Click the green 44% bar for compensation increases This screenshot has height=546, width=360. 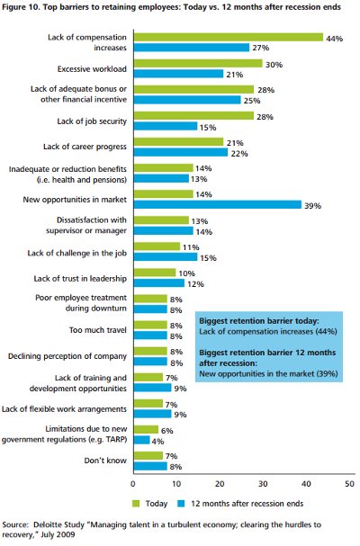(229, 37)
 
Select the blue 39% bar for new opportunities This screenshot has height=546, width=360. (218, 205)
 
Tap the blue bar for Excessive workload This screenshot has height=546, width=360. (179, 74)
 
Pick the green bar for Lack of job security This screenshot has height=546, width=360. (193, 116)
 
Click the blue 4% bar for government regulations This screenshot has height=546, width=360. (142, 440)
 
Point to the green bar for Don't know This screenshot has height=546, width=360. (148, 455)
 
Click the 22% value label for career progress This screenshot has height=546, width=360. (239, 154)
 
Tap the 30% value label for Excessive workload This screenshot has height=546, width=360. (274, 65)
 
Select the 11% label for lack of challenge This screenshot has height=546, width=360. (191, 247)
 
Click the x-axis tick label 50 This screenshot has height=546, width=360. (349, 484)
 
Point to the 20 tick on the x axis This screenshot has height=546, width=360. (220, 484)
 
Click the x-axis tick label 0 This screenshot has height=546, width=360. (133, 484)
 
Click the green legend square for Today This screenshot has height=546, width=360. (136, 504)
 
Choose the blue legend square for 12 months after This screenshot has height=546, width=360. (181, 504)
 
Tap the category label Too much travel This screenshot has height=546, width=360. (98, 330)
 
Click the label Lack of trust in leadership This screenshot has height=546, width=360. (80, 279)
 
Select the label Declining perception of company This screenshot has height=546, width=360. (67, 356)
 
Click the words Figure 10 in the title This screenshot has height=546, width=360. (20, 7)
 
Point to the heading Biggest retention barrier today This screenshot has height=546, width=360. (259, 321)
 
